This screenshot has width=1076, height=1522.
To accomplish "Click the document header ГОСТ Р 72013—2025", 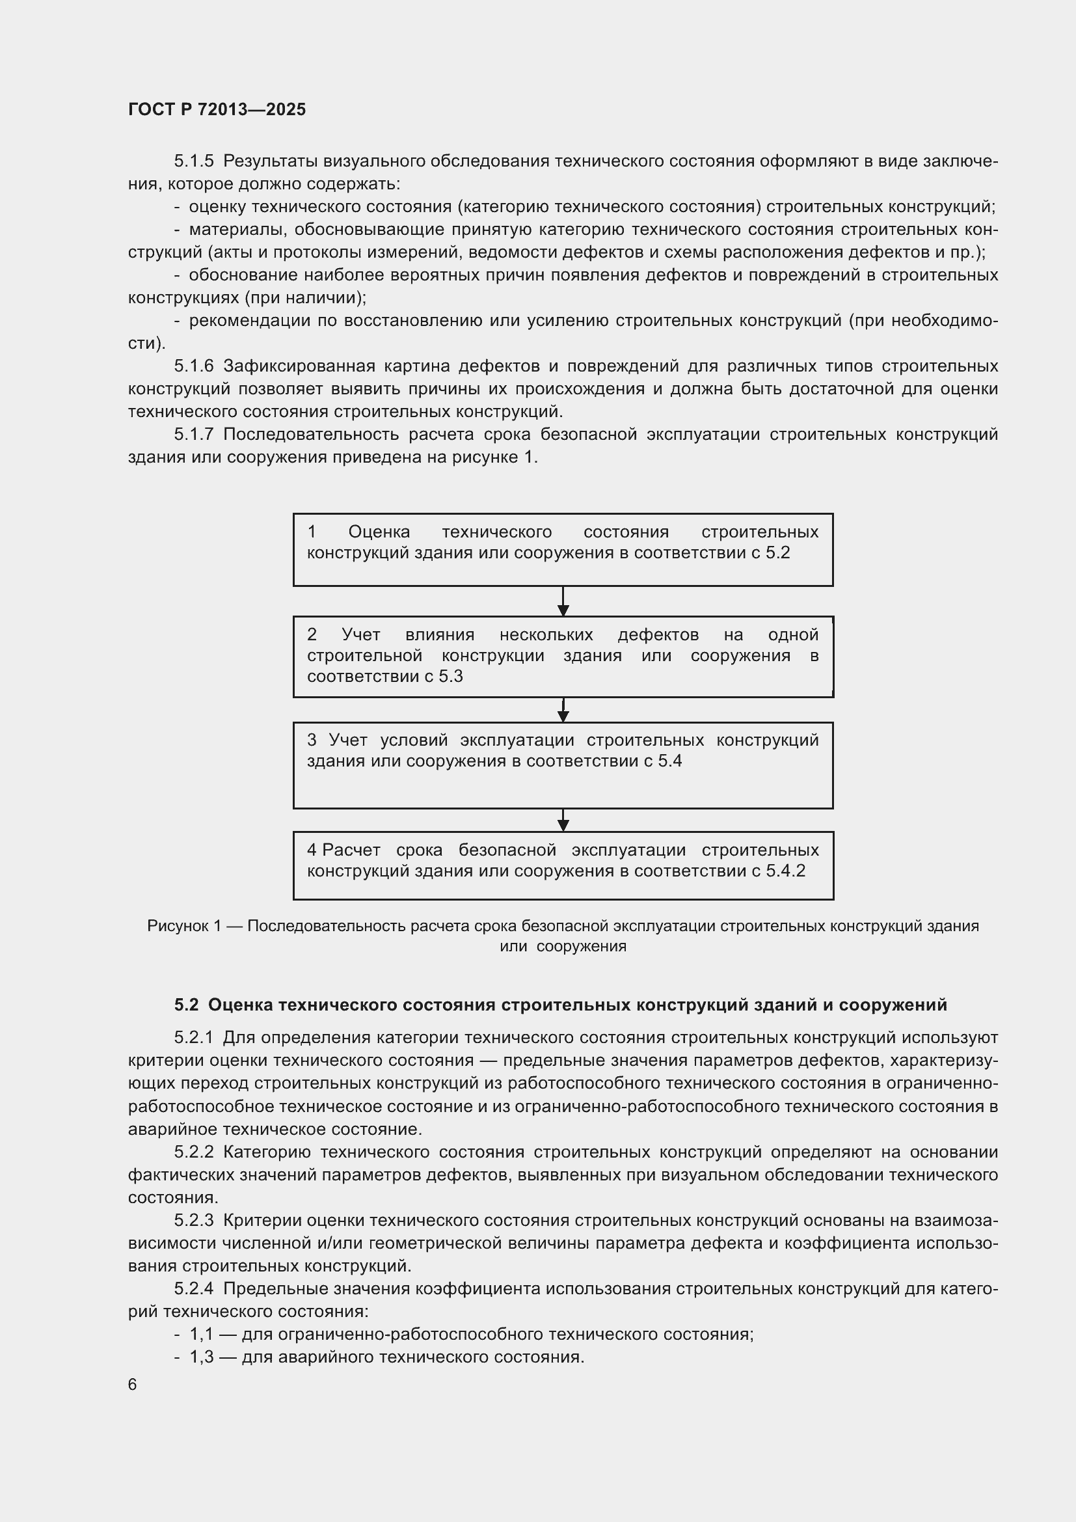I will coord(217,109).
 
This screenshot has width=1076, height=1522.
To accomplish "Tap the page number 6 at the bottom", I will coord(133,1384).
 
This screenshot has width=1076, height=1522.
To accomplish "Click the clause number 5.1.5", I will coord(194,161).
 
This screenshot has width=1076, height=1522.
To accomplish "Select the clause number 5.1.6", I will coord(194,366).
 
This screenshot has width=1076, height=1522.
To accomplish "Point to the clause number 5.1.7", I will coord(194,434).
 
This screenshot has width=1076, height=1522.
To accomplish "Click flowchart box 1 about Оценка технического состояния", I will coord(563,550).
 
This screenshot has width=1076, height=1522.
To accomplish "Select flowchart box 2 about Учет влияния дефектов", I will coord(563,657).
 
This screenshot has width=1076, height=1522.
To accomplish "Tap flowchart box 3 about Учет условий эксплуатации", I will coord(563,765).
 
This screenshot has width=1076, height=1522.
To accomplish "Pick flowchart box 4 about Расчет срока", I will coord(563,865).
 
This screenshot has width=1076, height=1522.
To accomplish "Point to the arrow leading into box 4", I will coord(563,821).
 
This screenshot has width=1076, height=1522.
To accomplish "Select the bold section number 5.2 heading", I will coord(186,1005).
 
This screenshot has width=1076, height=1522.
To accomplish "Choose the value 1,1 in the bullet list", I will coord(202,1334).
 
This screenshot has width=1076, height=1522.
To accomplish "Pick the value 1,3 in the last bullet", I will coord(202,1356).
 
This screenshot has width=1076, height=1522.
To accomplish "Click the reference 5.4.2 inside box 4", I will coord(785,871).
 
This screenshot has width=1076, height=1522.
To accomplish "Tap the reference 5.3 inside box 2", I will coord(451,676).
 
